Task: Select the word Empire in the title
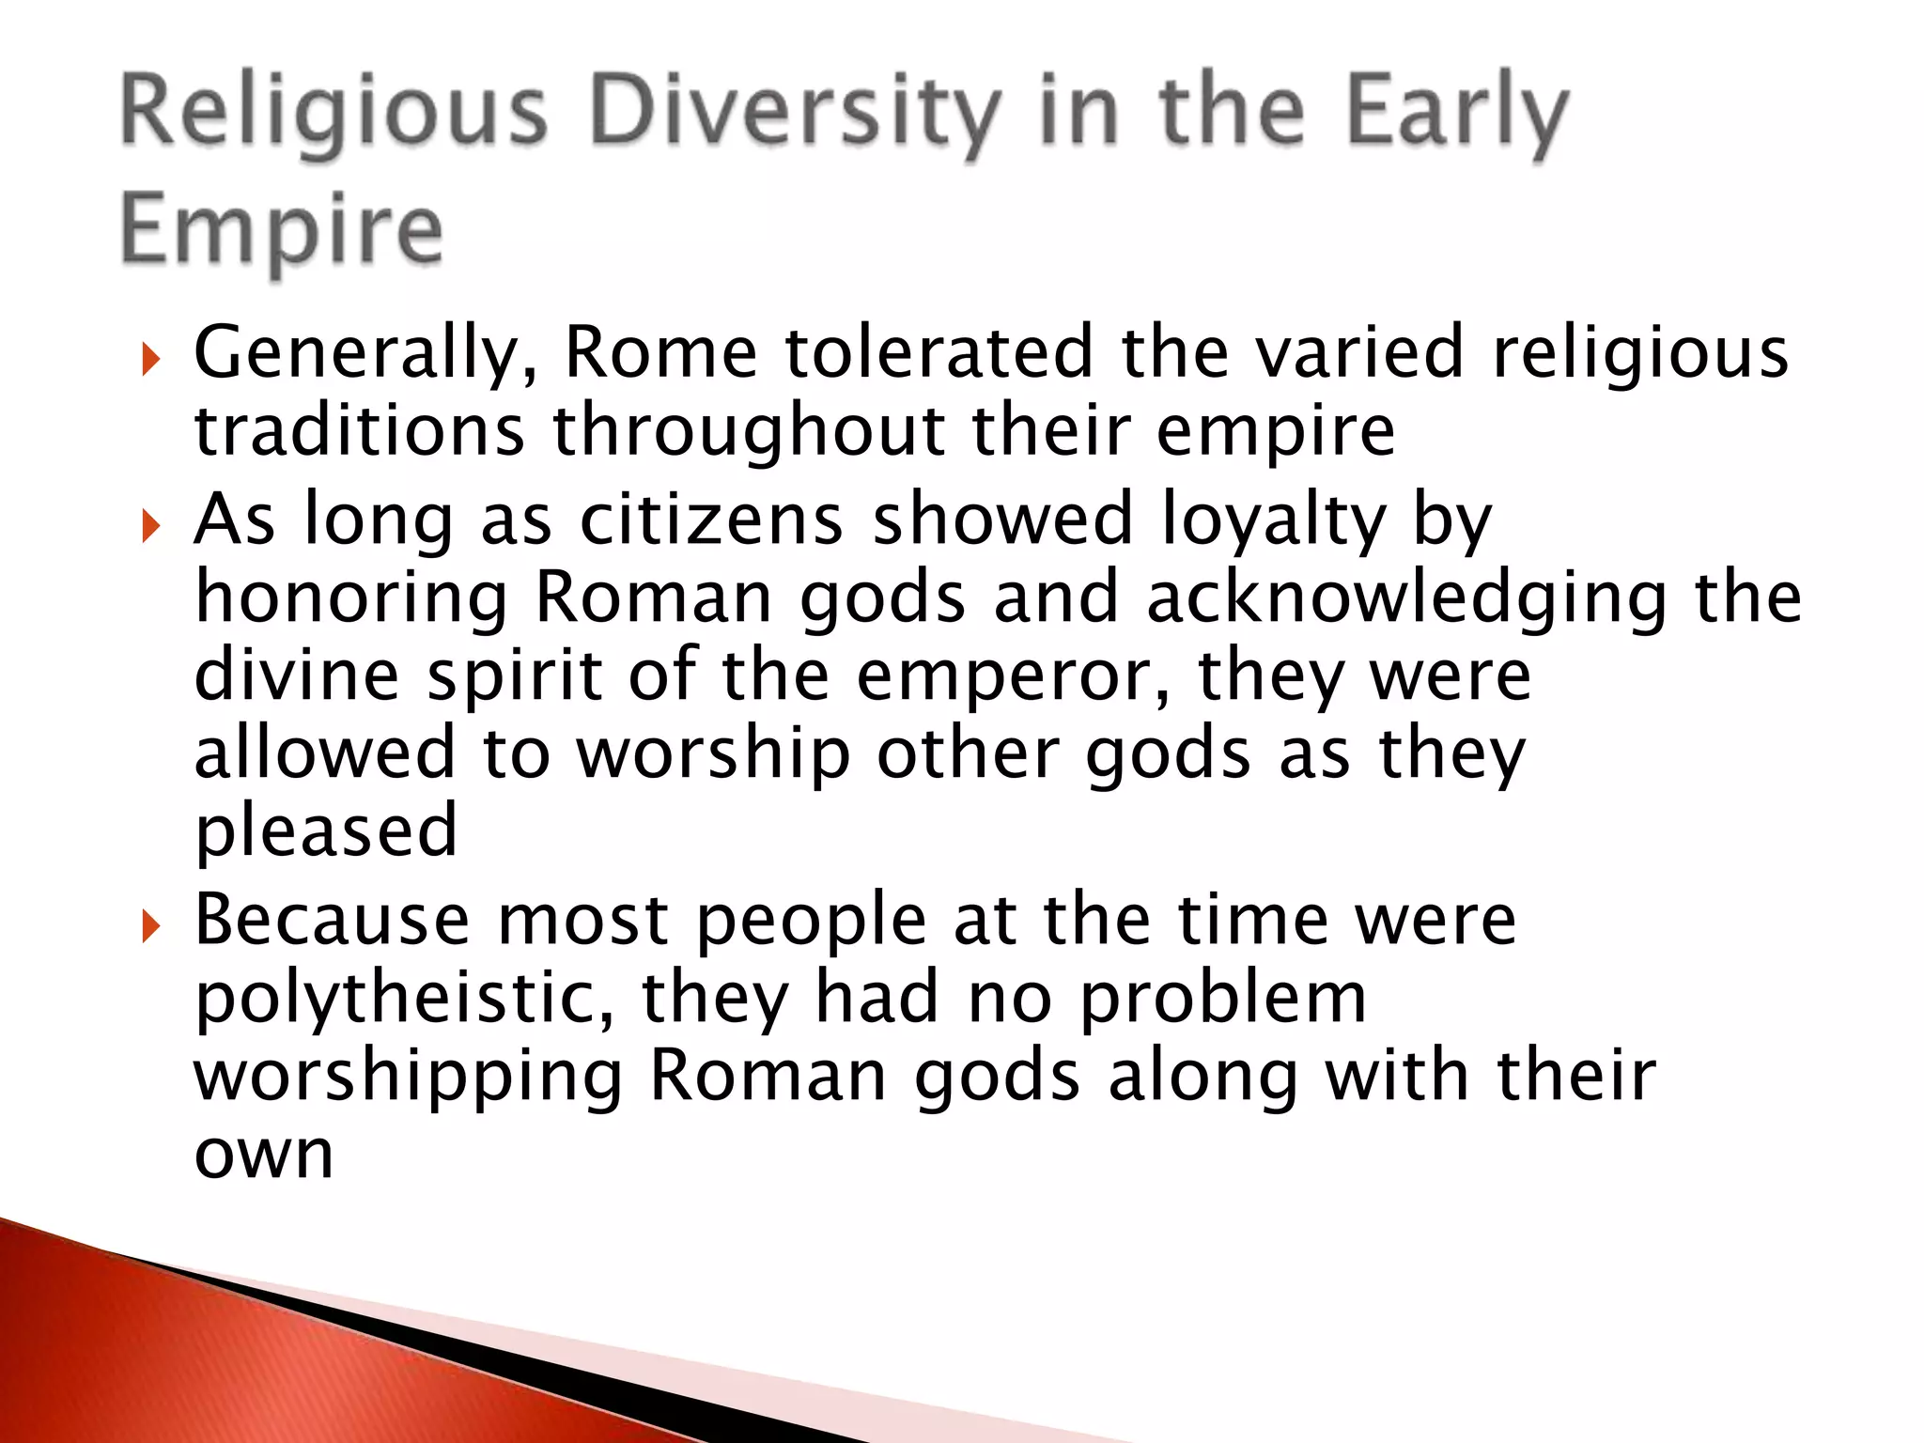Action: [281, 230]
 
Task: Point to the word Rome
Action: [660, 352]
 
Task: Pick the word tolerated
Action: [939, 352]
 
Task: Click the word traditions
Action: [359, 431]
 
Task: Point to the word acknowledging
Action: [1406, 598]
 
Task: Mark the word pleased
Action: [326, 832]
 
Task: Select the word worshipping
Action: [409, 1078]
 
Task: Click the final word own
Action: [264, 1156]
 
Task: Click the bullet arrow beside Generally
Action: [150, 359]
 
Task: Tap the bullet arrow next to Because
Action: [150, 927]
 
